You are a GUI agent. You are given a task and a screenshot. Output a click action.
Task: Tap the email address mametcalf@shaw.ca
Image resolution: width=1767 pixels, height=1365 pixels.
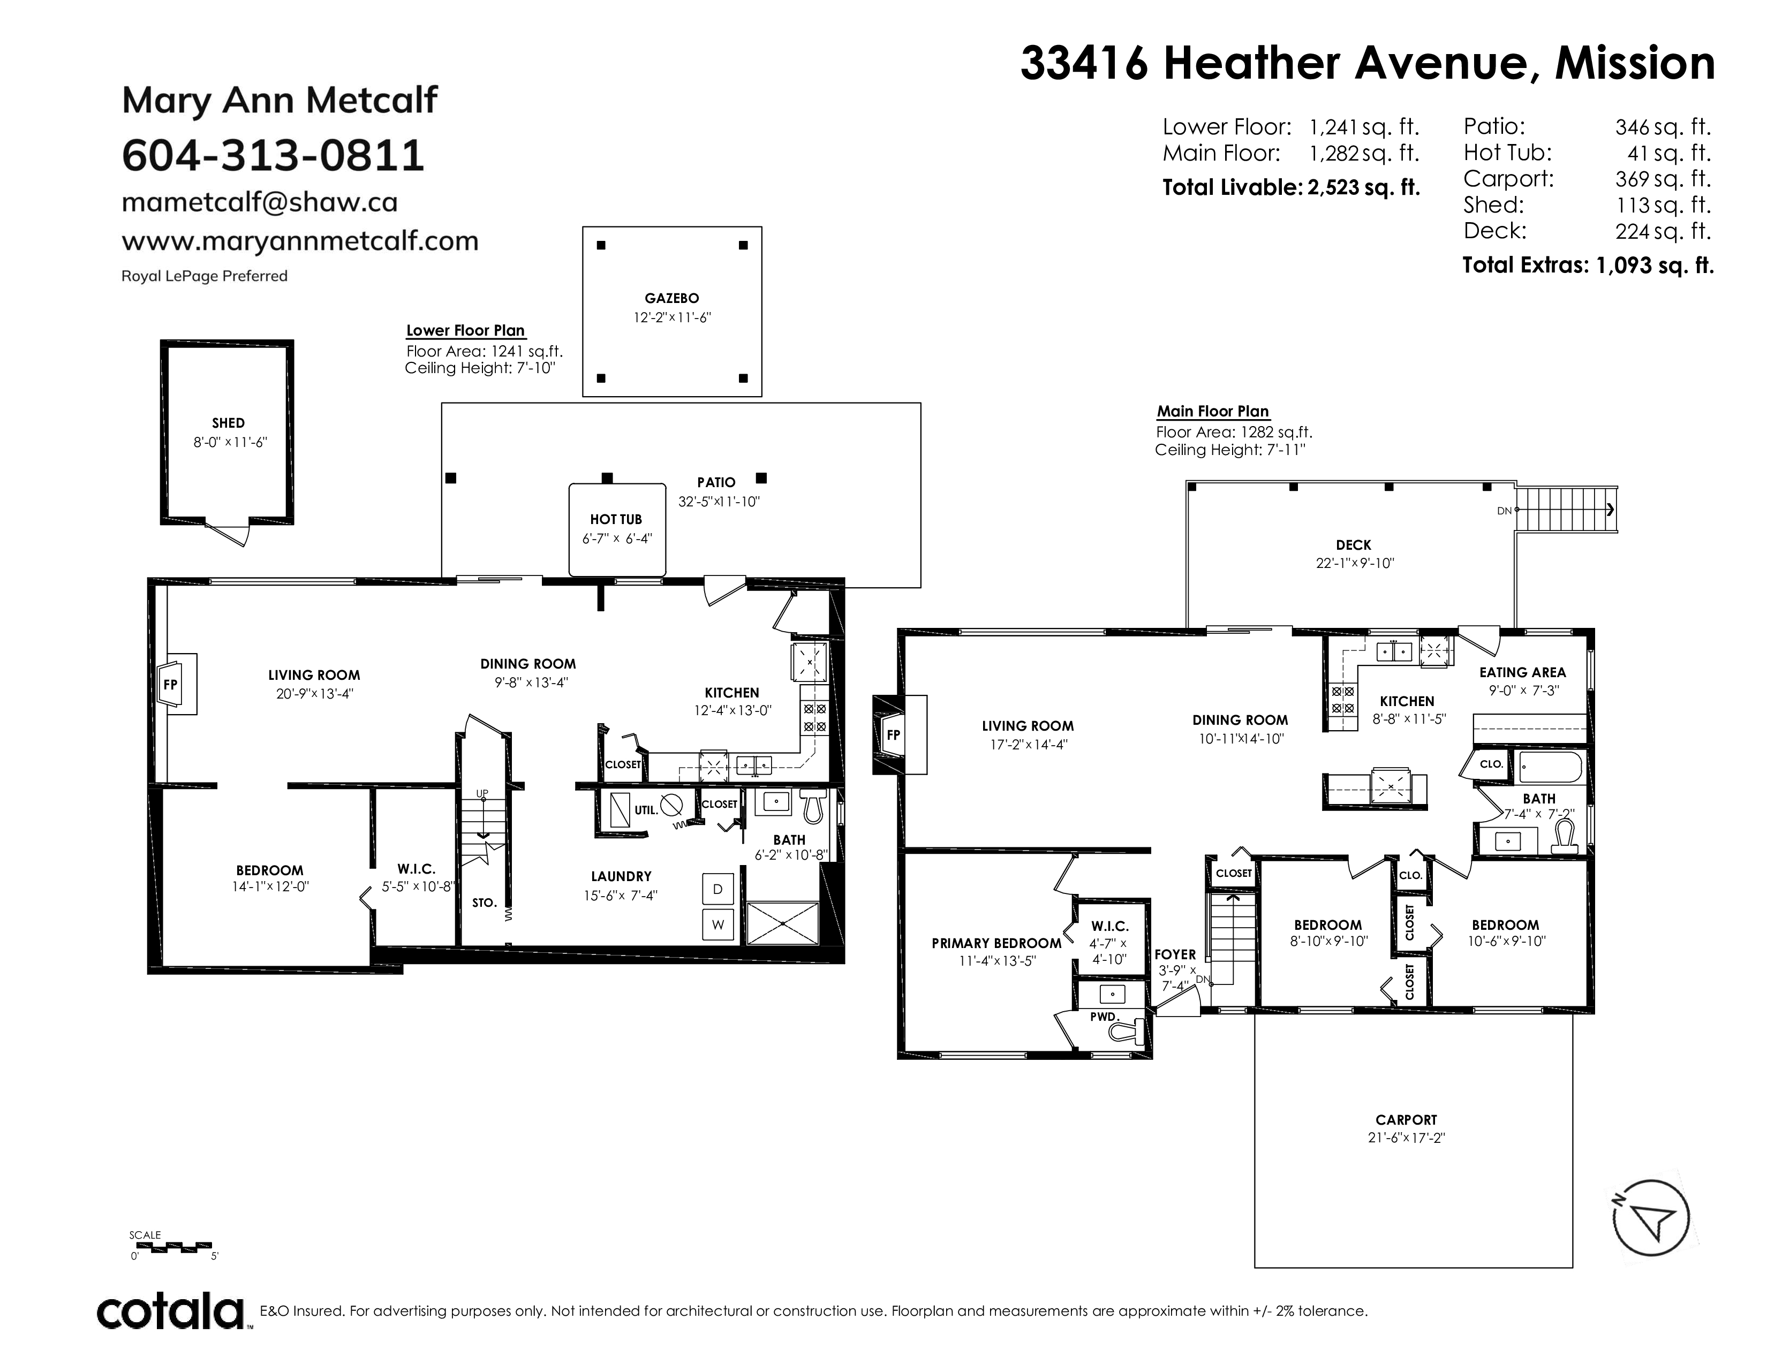[260, 202]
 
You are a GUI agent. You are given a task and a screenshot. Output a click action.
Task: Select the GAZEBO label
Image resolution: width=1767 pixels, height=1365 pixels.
[671, 298]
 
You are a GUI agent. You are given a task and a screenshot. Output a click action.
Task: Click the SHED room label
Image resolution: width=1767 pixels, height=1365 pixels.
[228, 423]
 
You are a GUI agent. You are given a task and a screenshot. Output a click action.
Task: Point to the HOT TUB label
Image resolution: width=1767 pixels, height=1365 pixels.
[616, 519]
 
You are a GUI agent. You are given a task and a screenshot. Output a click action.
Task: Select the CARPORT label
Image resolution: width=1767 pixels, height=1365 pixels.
[1406, 1120]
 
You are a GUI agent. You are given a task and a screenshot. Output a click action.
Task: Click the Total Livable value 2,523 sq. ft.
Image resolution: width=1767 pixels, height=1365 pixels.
[1363, 187]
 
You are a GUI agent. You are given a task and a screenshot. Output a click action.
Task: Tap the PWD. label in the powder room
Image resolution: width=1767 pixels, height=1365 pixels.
[1103, 1017]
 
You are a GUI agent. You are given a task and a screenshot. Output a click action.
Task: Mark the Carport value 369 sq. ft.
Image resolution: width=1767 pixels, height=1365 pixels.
[1663, 179]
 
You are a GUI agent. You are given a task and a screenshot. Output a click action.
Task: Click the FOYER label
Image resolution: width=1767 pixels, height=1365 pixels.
[1175, 955]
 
